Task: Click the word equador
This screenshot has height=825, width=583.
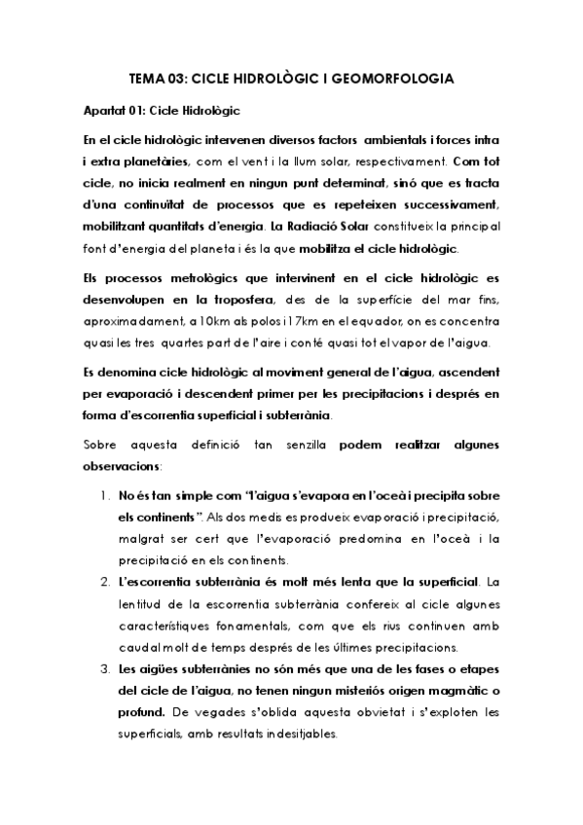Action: click(x=350, y=320)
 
